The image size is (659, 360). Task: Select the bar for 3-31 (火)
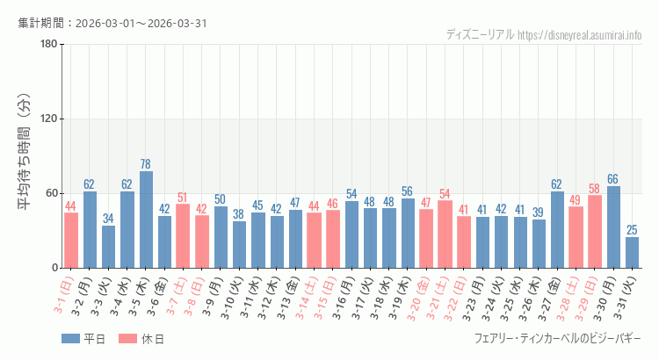pos(633,252)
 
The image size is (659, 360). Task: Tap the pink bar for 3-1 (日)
pos(71,240)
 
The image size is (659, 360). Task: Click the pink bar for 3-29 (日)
pos(595,231)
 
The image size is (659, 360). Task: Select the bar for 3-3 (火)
pos(108,247)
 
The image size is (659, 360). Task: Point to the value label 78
pos(146,164)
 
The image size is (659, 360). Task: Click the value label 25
pos(633,230)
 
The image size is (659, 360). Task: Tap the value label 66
pos(613,179)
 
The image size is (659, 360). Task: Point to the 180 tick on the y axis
pos(49,45)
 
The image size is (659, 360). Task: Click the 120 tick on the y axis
pos(49,119)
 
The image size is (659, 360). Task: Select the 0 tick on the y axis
pos(54,268)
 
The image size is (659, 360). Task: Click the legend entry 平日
pos(83,339)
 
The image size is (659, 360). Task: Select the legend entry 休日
pos(141,339)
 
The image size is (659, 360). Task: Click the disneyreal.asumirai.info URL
pos(580,35)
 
